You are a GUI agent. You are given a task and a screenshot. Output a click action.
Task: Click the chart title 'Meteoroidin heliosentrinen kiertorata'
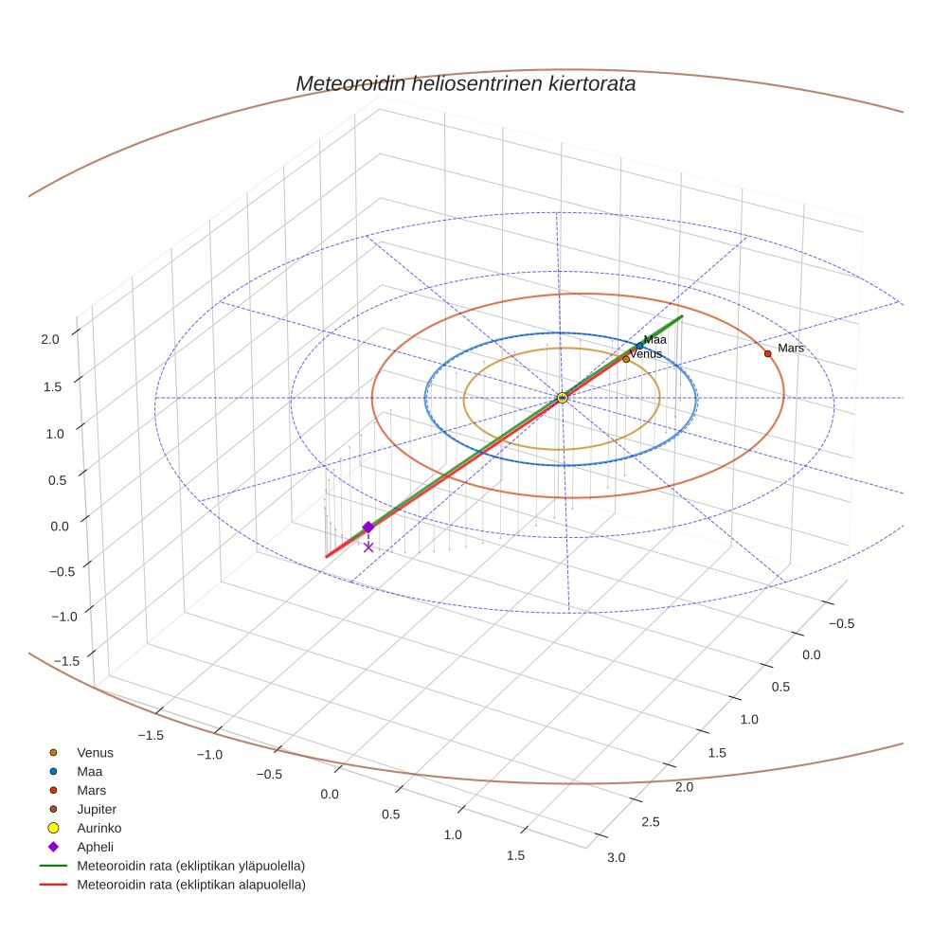tap(465, 83)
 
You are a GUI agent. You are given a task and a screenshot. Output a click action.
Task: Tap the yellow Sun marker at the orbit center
tap(562, 398)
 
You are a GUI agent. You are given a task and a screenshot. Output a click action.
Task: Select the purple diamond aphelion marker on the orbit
tap(368, 528)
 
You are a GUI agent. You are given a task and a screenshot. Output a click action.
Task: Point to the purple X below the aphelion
tap(368, 547)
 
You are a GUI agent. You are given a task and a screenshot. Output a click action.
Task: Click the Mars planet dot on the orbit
tap(768, 353)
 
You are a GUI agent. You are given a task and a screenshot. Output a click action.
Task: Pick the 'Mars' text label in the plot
tap(791, 349)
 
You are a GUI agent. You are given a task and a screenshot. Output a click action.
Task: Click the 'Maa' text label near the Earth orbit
tap(655, 340)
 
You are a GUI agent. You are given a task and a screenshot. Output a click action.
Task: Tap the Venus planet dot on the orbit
tap(626, 359)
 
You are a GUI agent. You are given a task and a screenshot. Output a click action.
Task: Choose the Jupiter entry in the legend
tap(97, 810)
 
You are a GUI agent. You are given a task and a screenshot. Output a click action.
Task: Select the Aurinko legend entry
tap(99, 828)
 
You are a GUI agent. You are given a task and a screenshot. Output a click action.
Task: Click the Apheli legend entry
tap(95, 847)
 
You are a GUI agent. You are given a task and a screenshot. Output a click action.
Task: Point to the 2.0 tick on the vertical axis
tap(50, 338)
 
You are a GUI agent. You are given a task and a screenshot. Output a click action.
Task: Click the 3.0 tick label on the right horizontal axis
tap(616, 858)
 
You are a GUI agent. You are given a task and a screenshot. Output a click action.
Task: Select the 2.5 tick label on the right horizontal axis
tap(650, 821)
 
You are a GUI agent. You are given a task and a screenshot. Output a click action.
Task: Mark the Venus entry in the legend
tap(95, 753)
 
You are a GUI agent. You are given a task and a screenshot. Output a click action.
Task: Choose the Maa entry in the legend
tap(89, 772)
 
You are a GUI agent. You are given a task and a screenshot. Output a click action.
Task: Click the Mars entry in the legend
tap(91, 790)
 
